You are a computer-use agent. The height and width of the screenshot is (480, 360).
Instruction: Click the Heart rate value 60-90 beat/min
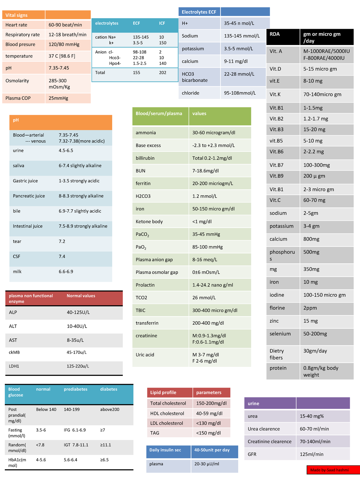[x=65, y=25]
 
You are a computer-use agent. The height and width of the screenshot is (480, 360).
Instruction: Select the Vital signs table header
[x=16, y=15]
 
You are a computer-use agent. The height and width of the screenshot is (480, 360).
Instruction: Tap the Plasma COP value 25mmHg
[x=58, y=98]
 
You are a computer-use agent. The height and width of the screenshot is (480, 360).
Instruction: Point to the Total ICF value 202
[x=163, y=73]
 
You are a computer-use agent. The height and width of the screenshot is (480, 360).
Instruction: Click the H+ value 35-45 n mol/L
[x=239, y=23]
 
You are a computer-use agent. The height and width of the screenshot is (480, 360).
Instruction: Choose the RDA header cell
[x=274, y=34]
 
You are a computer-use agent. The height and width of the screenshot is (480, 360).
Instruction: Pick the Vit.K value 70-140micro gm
[x=322, y=94]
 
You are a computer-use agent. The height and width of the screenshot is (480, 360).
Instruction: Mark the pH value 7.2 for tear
[x=62, y=241]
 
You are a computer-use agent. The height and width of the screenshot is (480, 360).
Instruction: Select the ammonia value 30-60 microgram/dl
[x=214, y=133]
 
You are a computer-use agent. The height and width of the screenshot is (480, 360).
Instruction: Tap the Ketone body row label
[x=149, y=222]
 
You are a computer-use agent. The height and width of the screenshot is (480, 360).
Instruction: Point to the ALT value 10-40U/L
[x=77, y=326]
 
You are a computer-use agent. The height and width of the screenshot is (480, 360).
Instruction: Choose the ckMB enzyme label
[x=14, y=352]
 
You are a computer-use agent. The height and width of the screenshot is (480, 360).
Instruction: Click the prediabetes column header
[x=76, y=389]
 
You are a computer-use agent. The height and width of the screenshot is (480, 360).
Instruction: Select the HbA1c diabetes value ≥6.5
[x=104, y=460]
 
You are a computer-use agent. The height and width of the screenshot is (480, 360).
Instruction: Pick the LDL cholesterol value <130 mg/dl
[x=208, y=423]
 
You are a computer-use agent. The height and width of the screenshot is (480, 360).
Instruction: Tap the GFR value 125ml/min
[x=311, y=454]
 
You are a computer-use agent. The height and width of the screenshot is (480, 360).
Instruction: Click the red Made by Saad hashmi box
[x=333, y=470]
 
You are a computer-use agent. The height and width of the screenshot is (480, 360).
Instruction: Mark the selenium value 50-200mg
[x=315, y=334]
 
